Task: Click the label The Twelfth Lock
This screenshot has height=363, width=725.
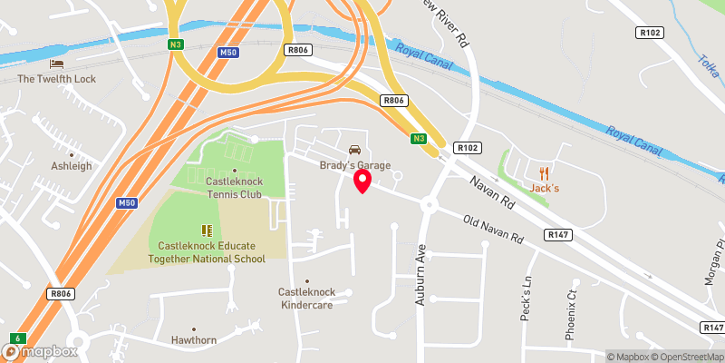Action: point(57,79)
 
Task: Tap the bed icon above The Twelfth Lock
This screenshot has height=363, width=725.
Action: point(57,64)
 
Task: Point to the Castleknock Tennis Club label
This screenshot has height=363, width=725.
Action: point(234,188)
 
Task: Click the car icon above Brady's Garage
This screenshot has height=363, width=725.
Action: point(354,149)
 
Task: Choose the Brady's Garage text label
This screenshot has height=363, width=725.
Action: point(354,165)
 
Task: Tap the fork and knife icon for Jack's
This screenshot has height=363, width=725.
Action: point(544,172)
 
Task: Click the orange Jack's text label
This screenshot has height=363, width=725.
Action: point(544,188)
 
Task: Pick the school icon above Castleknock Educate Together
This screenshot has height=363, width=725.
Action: point(207,230)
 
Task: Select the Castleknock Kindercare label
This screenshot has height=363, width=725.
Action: point(307,299)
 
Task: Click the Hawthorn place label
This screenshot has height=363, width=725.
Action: point(193,341)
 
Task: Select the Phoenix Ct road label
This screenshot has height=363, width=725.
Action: point(571,314)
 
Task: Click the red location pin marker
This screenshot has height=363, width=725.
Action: point(362,181)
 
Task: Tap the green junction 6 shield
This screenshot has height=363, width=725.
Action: point(16,338)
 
